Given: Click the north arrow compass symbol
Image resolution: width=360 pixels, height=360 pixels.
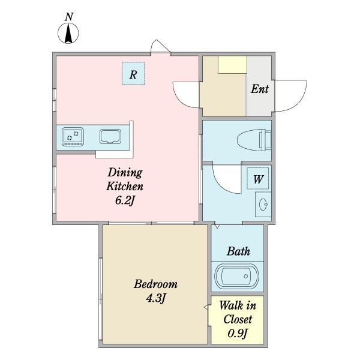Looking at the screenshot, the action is point(68,33).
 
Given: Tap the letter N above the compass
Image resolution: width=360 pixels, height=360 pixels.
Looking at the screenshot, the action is point(69,17).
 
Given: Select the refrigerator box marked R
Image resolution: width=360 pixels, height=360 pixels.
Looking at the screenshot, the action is point(133,73).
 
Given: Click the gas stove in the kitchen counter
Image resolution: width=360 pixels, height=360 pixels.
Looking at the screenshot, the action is point(73,137).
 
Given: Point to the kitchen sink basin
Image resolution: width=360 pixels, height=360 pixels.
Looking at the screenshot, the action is point(110,137).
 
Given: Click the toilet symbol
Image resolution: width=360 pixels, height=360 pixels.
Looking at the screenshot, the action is point(254,140).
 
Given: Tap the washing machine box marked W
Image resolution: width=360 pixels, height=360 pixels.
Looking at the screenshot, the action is point(258,178).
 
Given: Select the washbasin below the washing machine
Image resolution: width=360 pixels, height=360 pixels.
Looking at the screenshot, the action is point(263,205).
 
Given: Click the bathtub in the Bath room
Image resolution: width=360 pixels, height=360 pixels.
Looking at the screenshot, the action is point(237,276).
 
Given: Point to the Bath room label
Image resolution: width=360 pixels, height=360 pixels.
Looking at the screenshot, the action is point(239,251).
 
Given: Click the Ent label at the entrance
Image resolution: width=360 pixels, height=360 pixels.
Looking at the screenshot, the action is point(259,89).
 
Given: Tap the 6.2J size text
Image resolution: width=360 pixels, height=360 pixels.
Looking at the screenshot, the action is point(125,200).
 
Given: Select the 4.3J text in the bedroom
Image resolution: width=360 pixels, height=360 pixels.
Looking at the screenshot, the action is point(155,298).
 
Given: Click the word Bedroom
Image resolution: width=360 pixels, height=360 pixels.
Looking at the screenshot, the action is point(155,284).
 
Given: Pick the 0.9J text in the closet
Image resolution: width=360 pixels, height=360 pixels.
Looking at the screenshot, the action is point(238,333).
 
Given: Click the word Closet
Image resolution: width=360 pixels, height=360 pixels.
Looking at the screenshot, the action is point(238,319).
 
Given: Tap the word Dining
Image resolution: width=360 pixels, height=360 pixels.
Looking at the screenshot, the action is point(125,173).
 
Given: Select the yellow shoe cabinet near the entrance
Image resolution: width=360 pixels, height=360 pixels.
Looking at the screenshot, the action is point(232,65).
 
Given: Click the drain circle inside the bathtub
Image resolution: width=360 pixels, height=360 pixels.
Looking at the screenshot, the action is point(246,276).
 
